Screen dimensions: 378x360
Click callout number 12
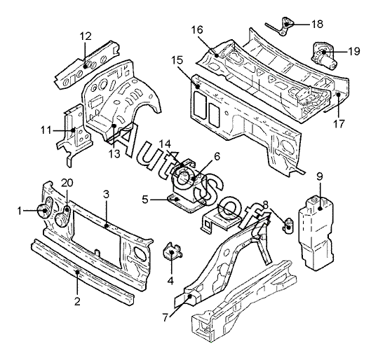(x=86, y=36)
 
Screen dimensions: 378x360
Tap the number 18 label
(x=317, y=24)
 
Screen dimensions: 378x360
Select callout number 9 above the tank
(x=319, y=177)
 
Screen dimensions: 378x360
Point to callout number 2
(x=77, y=301)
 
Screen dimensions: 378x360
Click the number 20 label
(x=67, y=183)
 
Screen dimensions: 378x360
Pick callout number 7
(x=165, y=318)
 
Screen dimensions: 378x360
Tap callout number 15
(x=177, y=60)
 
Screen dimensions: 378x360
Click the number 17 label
(x=339, y=124)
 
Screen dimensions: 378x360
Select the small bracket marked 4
(x=172, y=252)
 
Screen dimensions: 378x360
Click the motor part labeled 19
(x=324, y=56)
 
